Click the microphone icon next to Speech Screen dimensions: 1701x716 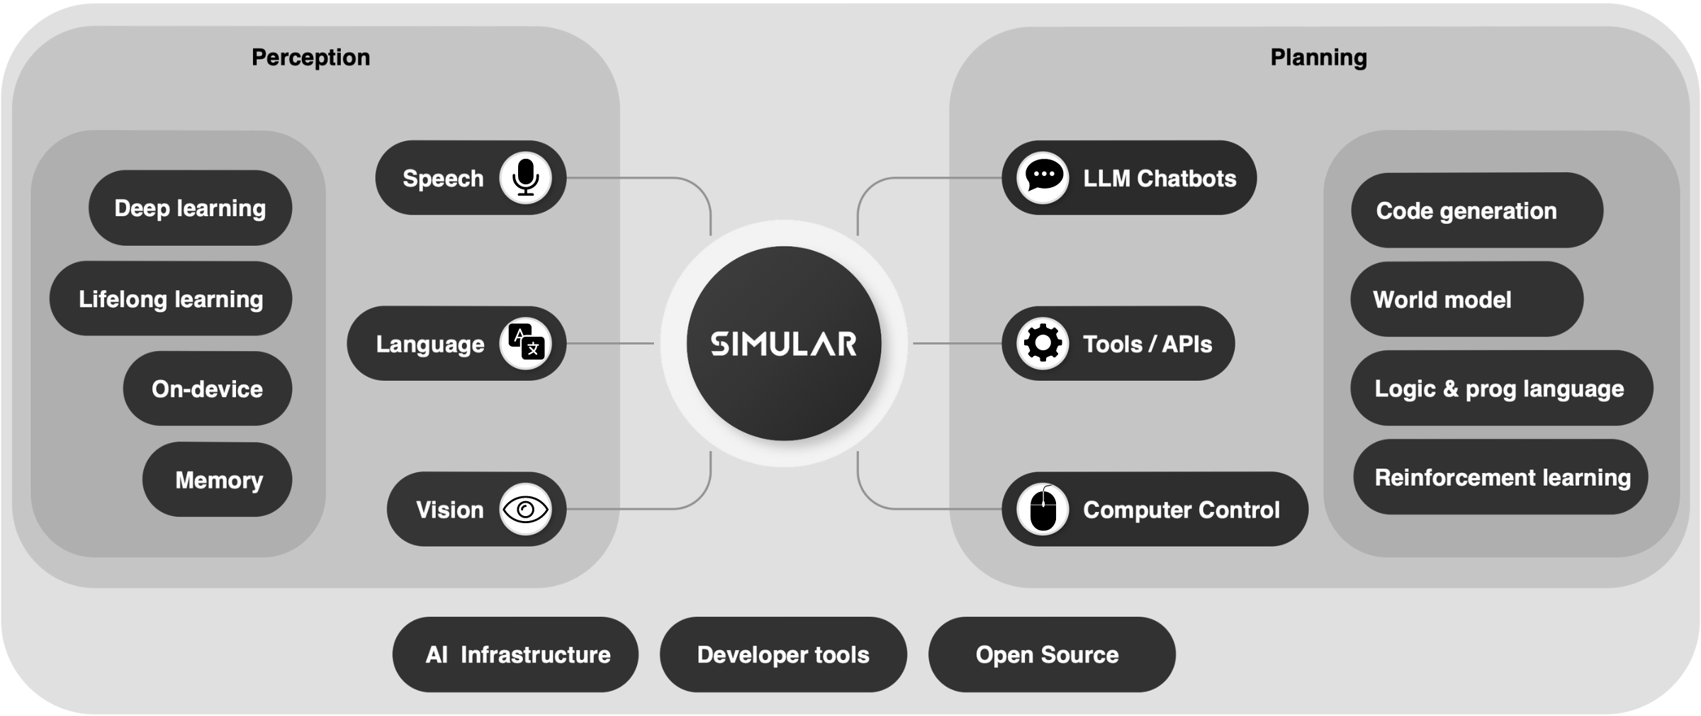tap(525, 177)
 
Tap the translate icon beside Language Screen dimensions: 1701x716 tap(525, 343)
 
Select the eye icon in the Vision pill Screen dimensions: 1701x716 tap(525, 509)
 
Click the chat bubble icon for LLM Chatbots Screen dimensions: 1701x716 tap(1043, 177)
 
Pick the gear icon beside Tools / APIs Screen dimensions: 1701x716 tap(1043, 343)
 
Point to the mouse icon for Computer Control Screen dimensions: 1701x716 tap(1043, 509)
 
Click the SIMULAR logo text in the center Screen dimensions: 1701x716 tap(784, 344)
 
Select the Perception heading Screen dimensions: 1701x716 tap(310, 57)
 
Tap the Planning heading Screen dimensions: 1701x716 tap(1318, 57)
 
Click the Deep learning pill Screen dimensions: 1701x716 tap(190, 208)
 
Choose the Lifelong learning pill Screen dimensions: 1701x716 tap(171, 298)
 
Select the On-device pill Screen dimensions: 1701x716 tap(208, 388)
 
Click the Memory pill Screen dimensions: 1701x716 tap(218, 479)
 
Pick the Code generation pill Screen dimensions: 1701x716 tap(1477, 210)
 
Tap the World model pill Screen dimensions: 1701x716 tap(1467, 299)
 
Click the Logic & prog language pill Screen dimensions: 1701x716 tap(1502, 388)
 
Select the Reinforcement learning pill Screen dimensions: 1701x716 tap(1500, 477)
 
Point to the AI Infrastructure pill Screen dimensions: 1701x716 tap(515, 654)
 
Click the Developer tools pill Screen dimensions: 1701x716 tap(783, 654)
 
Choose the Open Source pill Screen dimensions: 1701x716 tap(1052, 654)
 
